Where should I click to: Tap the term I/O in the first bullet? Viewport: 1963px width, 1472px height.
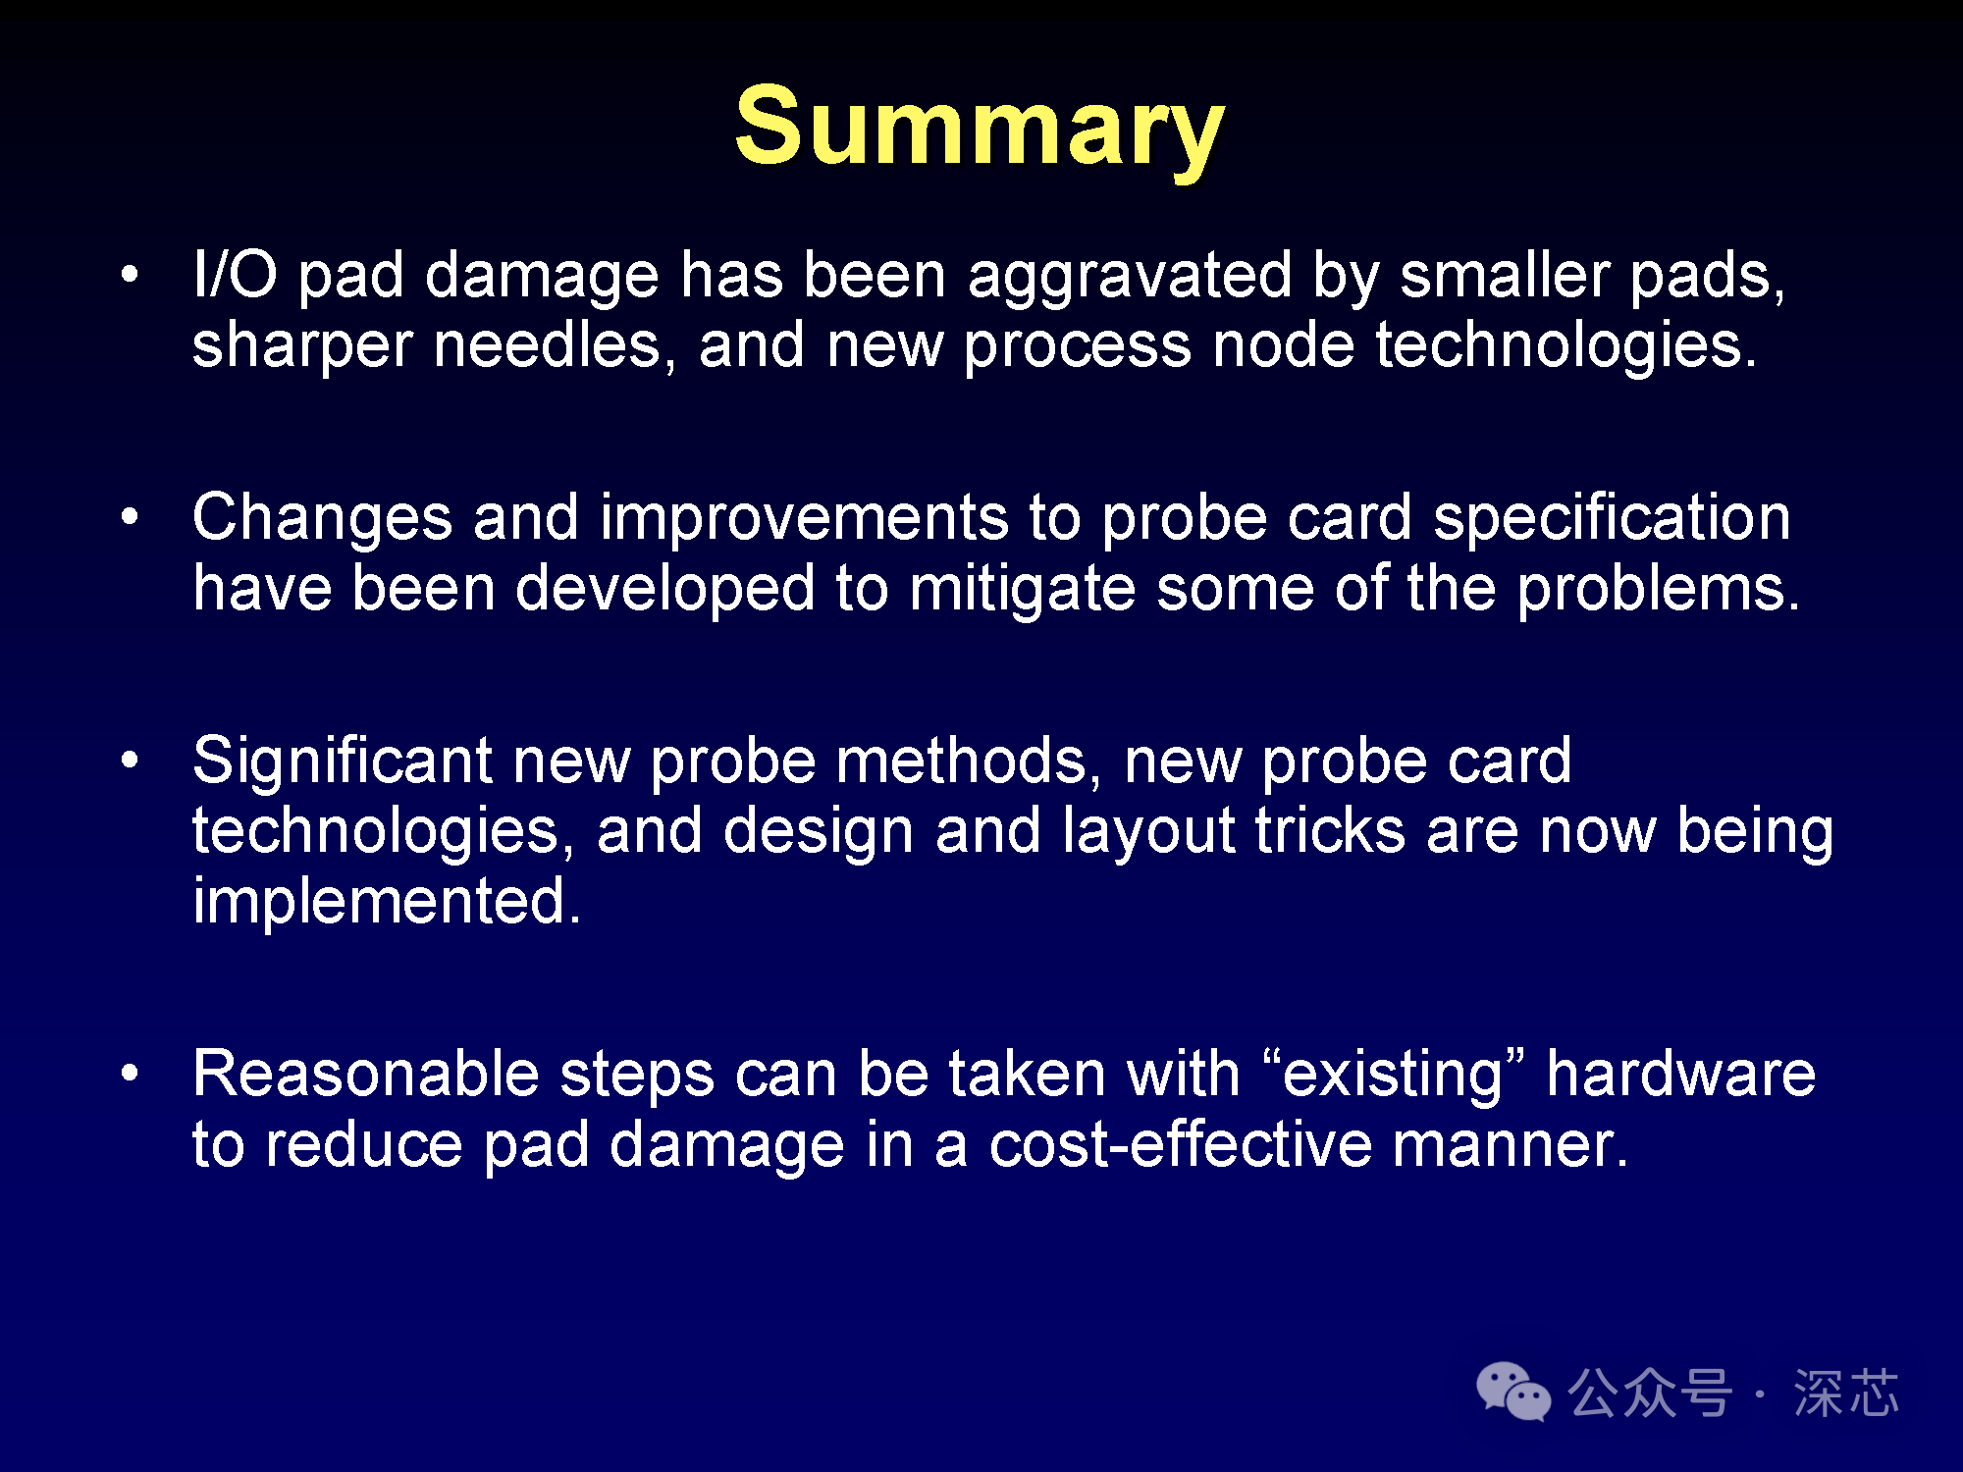pyautogui.click(x=236, y=274)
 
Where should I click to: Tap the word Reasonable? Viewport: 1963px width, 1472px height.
pyautogui.click(x=366, y=1074)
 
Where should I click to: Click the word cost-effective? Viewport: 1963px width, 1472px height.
pyautogui.click(x=1181, y=1145)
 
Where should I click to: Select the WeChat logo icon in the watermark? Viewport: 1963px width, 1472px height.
pyautogui.click(x=1513, y=1392)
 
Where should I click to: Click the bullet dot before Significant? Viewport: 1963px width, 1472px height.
pyautogui.click(x=130, y=760)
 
